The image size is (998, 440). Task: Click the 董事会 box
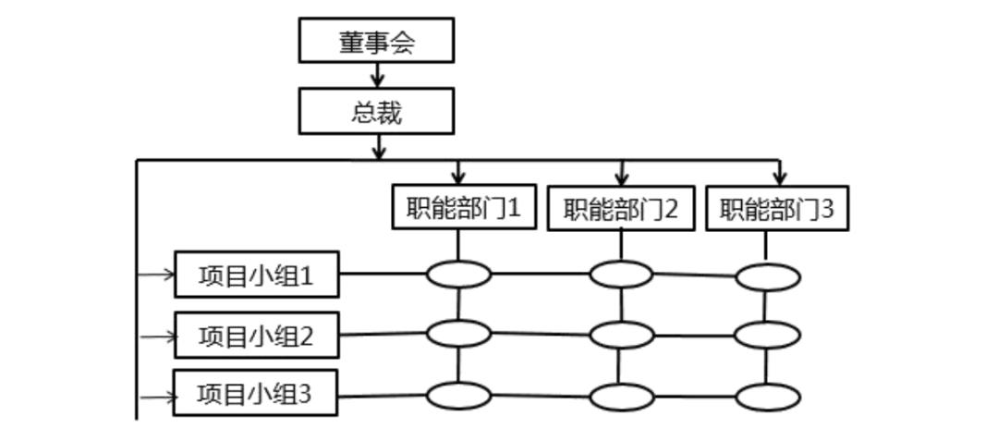(376, 41)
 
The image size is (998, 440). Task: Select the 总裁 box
(376, 112)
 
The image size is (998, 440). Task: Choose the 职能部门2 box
(620, 210)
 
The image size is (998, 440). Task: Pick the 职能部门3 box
(777, 209)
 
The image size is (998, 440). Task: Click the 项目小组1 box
(256, 275)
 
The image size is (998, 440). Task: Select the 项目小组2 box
(256, 336)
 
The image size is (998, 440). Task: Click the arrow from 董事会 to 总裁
(377, 76)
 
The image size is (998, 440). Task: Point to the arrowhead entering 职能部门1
(458, 175)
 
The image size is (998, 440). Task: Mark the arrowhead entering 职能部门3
(780, 175)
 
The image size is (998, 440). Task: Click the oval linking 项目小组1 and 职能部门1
(458, 274)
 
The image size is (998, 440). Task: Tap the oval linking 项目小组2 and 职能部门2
(621, 334)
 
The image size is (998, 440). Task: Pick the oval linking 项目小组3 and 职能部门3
(768, 397)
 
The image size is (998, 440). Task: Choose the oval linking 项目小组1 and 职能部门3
(768, 276)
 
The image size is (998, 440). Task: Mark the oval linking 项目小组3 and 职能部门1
(458, 396)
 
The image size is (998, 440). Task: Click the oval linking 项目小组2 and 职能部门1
(458, 333)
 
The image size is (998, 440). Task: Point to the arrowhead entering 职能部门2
(622, 175)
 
